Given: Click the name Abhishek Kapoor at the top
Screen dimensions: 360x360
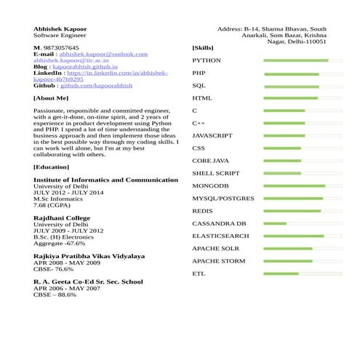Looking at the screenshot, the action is click(x=60, y=28).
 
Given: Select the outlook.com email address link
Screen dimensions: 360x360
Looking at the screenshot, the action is click(x=103, y=54).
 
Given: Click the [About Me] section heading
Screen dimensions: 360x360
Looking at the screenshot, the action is click(x=51, y=97).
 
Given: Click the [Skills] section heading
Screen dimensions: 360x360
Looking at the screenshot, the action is click(x=203, y=48).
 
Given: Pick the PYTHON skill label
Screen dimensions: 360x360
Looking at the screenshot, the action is click(x=207, y=60).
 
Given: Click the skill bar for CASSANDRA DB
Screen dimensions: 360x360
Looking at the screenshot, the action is click(x=303, y=223).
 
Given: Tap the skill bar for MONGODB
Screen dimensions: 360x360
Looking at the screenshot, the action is click(x=303, y=185).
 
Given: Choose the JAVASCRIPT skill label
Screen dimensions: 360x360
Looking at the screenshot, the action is click(x=212, y=136).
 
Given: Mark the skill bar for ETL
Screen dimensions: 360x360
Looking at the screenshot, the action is click(x=303, y=273).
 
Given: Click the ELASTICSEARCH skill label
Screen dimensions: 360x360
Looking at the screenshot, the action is click(x=220, y=236).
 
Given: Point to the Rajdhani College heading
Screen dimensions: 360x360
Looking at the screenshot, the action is click(x=62, y=217).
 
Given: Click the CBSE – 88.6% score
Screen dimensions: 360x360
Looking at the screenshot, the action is click(x=55, y=295).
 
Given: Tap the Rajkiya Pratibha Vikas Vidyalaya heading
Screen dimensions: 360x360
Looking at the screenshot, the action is click(x=89, y=256).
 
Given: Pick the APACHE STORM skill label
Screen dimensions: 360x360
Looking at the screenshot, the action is click(x=218, y=261).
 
